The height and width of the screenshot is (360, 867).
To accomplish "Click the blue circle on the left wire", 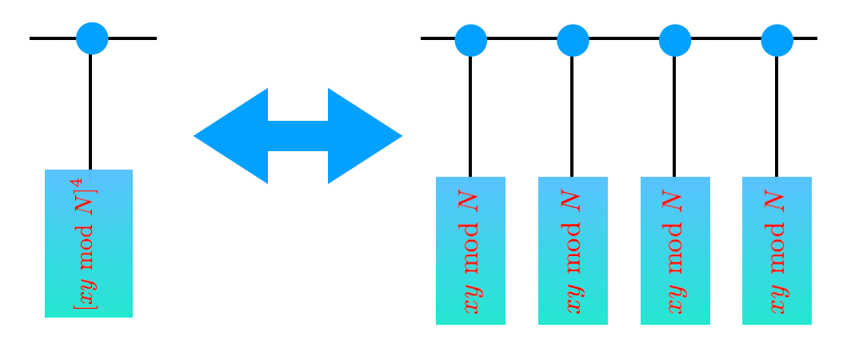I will [92, 38].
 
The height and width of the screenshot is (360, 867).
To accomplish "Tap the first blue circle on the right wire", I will [470, 40].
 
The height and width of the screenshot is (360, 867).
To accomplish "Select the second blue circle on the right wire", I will [573, 40].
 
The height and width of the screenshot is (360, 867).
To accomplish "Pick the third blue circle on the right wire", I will [675, 40].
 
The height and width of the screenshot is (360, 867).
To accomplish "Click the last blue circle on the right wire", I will [777, 40].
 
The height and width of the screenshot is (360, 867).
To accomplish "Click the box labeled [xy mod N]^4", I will [89, 243].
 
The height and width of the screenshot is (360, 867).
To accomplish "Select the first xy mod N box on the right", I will [470, 250].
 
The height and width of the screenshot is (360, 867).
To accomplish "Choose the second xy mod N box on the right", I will [573, 250].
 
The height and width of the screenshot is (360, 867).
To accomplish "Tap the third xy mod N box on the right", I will [675, 250].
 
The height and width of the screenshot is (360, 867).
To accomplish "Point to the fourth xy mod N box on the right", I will [777, 250].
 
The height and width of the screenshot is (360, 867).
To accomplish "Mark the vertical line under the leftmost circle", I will [90, 112].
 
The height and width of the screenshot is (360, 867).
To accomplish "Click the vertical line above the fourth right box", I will [777, 116].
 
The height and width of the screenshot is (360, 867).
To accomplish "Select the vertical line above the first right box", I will [470, 116].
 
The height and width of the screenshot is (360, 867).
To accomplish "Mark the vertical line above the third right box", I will [674, 116].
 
